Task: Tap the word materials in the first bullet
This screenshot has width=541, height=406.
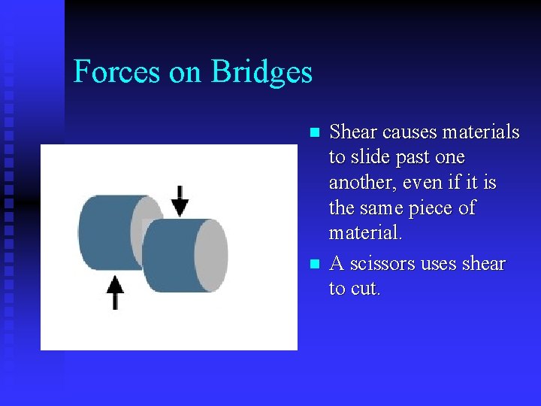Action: click(481, 132)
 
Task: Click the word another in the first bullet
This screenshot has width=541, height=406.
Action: click(362, 183)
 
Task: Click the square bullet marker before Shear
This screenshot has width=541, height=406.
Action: click(315, 133)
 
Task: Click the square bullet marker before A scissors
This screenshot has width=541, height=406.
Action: click(315, 265)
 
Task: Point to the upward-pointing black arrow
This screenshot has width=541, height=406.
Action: click(115, 292)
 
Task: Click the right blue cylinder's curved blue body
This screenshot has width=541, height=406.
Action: click(169, 256)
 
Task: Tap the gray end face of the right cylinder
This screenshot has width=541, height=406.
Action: click(211, 256)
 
